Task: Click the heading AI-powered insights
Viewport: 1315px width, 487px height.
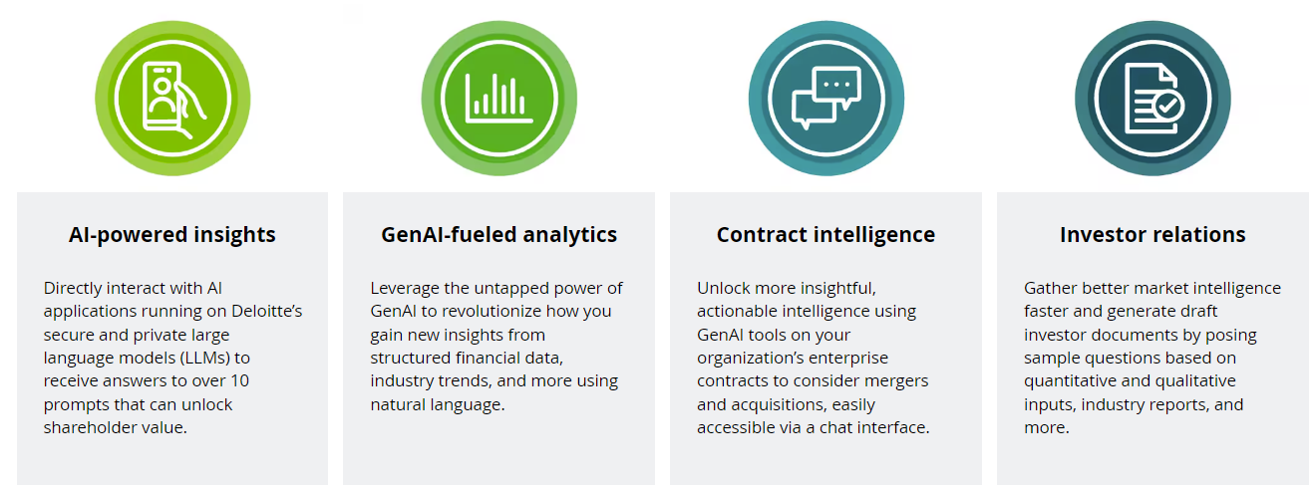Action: [172, 235]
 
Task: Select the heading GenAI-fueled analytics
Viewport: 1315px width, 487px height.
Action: [499, 235]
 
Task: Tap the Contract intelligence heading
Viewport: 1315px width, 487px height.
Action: [825, 235]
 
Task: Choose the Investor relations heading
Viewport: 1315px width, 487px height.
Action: [1152, 235]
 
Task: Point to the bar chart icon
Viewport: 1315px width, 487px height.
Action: [499, 99]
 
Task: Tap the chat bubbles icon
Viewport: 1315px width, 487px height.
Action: [825, 98]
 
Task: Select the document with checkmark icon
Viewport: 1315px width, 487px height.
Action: [1152, 99]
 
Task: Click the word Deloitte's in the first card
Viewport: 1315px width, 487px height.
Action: [266, 311]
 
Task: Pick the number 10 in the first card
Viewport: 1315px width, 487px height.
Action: [239, 380]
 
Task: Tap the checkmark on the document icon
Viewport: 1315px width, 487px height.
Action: [1168, 106]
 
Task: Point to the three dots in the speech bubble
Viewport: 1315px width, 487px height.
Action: [836, 85]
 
